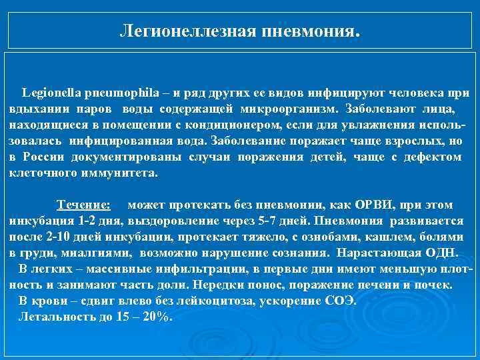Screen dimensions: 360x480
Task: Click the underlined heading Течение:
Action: pos(83,205)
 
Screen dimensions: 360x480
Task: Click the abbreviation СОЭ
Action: pos(337,301)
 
